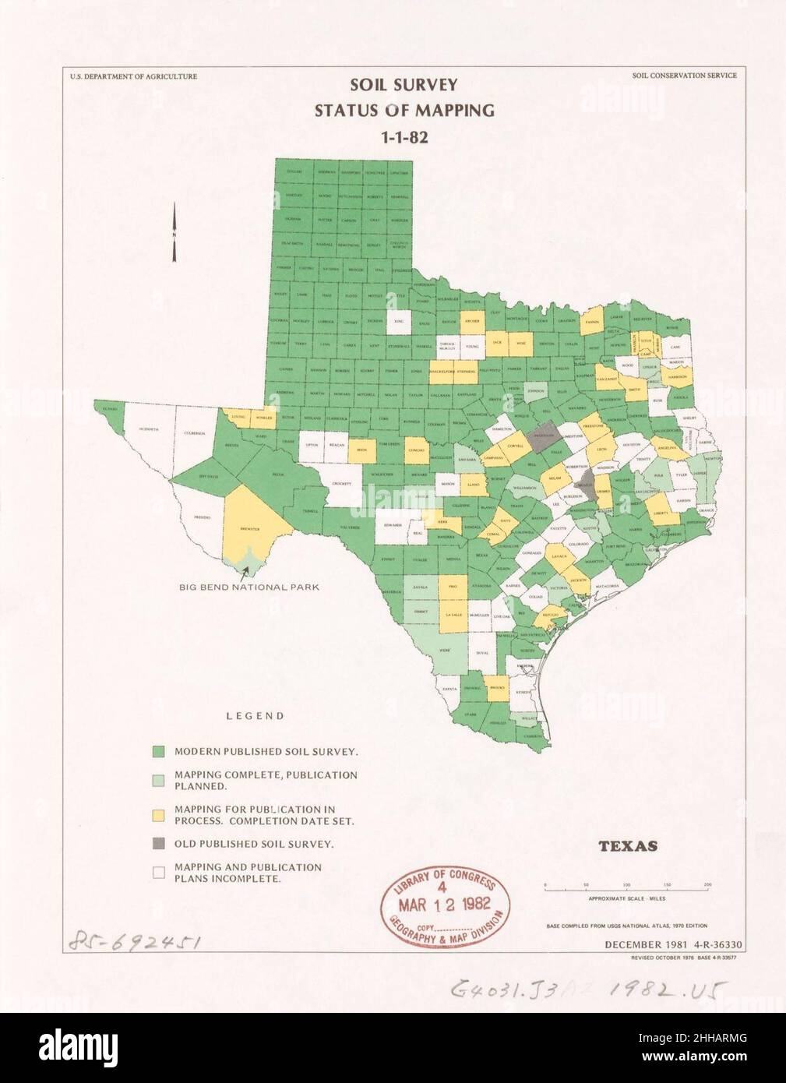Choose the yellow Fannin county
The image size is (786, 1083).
click(592, 321)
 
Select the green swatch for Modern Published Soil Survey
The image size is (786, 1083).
click(158, 752)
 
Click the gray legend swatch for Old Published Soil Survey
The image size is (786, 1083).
click(158, 844)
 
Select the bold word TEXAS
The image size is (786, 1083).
click(629, 845)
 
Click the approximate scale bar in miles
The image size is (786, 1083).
click(626, 889)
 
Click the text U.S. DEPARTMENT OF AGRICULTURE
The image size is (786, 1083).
click(132, 76)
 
